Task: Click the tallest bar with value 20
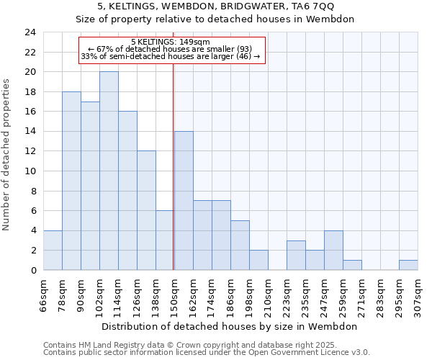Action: click(x=109, y=171)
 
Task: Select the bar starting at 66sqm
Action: click(x=53, y=250)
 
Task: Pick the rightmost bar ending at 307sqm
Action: click(x=408, y=265)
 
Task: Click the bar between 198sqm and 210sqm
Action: click(x=258, y=260)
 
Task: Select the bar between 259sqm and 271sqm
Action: click(x=352, y=265)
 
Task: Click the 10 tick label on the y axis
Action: click(x=30, y=171)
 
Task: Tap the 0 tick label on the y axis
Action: click(x=33, y=271)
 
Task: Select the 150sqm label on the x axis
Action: click(x=174, y=294)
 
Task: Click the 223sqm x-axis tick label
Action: click(x=287, y=294)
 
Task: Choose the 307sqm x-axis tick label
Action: click(x=418, y=294)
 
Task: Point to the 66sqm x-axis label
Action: click(x=43, y=294)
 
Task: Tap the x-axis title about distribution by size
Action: click(x=230, y=326)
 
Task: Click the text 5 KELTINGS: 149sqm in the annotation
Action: click(x=171, y=42)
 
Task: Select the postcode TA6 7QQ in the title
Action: click(x=311, y=6)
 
